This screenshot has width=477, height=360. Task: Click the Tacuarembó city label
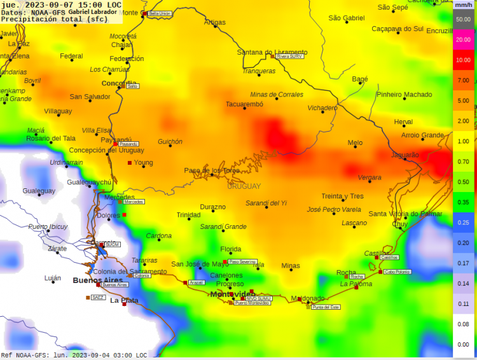tap(244, 104)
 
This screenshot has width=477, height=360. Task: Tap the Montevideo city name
tap(232, 294)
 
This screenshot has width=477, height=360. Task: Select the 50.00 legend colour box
tap(463, 19)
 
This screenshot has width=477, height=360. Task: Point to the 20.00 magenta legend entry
tap(463, 39)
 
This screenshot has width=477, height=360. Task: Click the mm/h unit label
tap(463, 5)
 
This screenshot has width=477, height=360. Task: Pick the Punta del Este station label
tap(326, 307)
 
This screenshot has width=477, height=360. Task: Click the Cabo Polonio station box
tap(397, 272)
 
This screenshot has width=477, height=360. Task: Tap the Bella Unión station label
tap(160, 13)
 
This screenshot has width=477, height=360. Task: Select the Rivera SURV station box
tap(290, 56)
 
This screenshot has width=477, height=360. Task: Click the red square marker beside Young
tap(130, 163)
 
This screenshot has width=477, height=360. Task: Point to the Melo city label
tap(355, 143)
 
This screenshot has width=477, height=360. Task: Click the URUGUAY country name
tap(244, 186)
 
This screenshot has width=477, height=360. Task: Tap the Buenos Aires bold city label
tap(97, 280)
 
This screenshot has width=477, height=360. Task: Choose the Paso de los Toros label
tap(212, 170)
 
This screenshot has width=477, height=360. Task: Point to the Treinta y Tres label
tap(342, 197)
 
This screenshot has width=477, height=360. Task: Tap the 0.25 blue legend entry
tap(463, 223)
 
